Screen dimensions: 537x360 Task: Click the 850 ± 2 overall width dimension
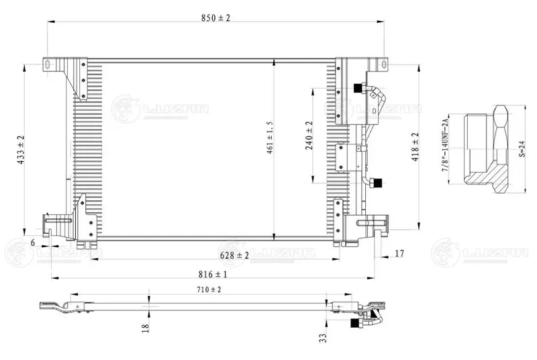[215, 17]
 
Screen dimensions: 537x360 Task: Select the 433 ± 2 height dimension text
[21, 149]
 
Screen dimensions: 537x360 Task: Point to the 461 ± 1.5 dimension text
[270, 137]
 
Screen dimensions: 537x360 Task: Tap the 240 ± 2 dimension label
[309, 136]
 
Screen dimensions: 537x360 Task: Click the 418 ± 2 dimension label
[415, 147]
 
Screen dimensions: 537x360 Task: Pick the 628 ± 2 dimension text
[234, 255]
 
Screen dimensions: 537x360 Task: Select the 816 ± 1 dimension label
[213, 274]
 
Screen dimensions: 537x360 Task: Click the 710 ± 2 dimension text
[209, 289]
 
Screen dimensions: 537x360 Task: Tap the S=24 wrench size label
[522, 148]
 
